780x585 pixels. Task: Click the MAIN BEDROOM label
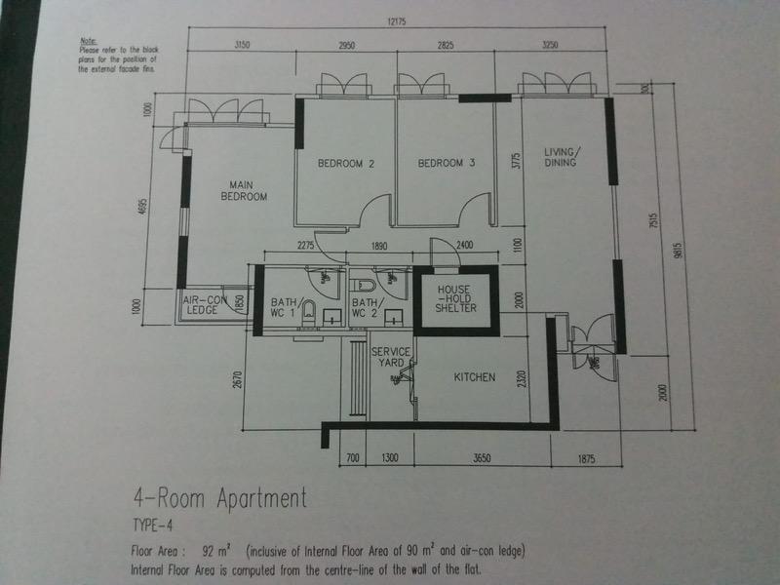click(248, 190)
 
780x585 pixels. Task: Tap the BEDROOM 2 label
click(346, 164)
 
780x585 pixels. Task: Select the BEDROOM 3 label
click(446, 164)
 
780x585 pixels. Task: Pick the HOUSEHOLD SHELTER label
click(456, 299)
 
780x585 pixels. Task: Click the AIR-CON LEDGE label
click(203, 306)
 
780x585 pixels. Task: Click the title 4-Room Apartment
click(219, 499)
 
